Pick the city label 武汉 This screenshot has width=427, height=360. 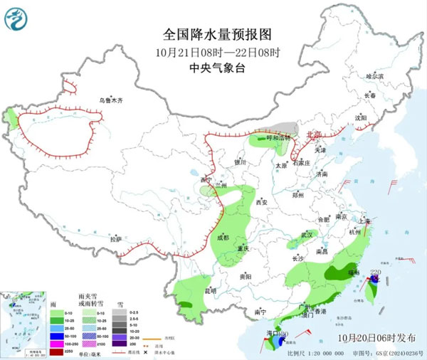tap(307, 233)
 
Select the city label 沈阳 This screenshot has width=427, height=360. tap(361, 117)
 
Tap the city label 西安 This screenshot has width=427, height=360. tap(260, 203)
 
